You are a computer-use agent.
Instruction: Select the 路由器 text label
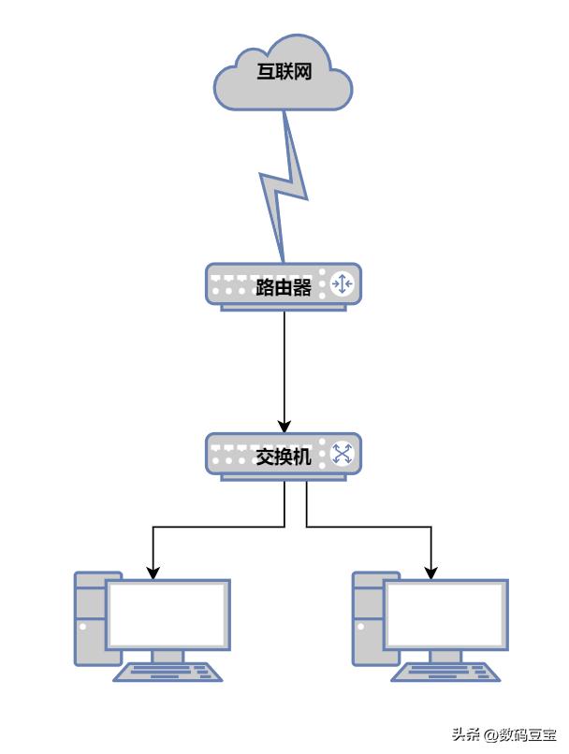point(283,286)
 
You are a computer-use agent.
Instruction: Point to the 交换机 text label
point(283,457)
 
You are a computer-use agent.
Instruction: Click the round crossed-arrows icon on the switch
point(342,456)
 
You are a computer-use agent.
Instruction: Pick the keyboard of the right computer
point(446,672)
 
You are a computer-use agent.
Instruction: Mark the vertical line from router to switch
point(284,365)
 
